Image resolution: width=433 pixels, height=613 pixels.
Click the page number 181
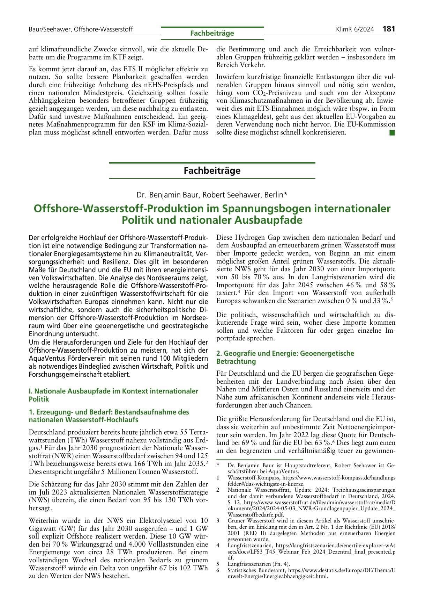pos(389,29)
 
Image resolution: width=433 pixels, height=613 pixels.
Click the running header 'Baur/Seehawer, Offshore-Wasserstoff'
pos(81,29)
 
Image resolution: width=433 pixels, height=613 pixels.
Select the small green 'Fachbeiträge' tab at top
pos(212,33)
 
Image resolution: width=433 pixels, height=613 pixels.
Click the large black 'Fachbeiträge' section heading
pos(212,171)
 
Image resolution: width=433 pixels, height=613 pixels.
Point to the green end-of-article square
pos(392,132)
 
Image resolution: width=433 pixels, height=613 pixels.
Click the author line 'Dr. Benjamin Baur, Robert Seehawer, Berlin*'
pos(212,194)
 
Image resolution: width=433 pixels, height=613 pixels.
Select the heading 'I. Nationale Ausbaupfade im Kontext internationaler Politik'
pos(113,395)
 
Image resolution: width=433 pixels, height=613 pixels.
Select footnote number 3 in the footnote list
pos(218,520)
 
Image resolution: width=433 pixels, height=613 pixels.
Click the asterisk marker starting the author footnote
pos(218,466)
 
